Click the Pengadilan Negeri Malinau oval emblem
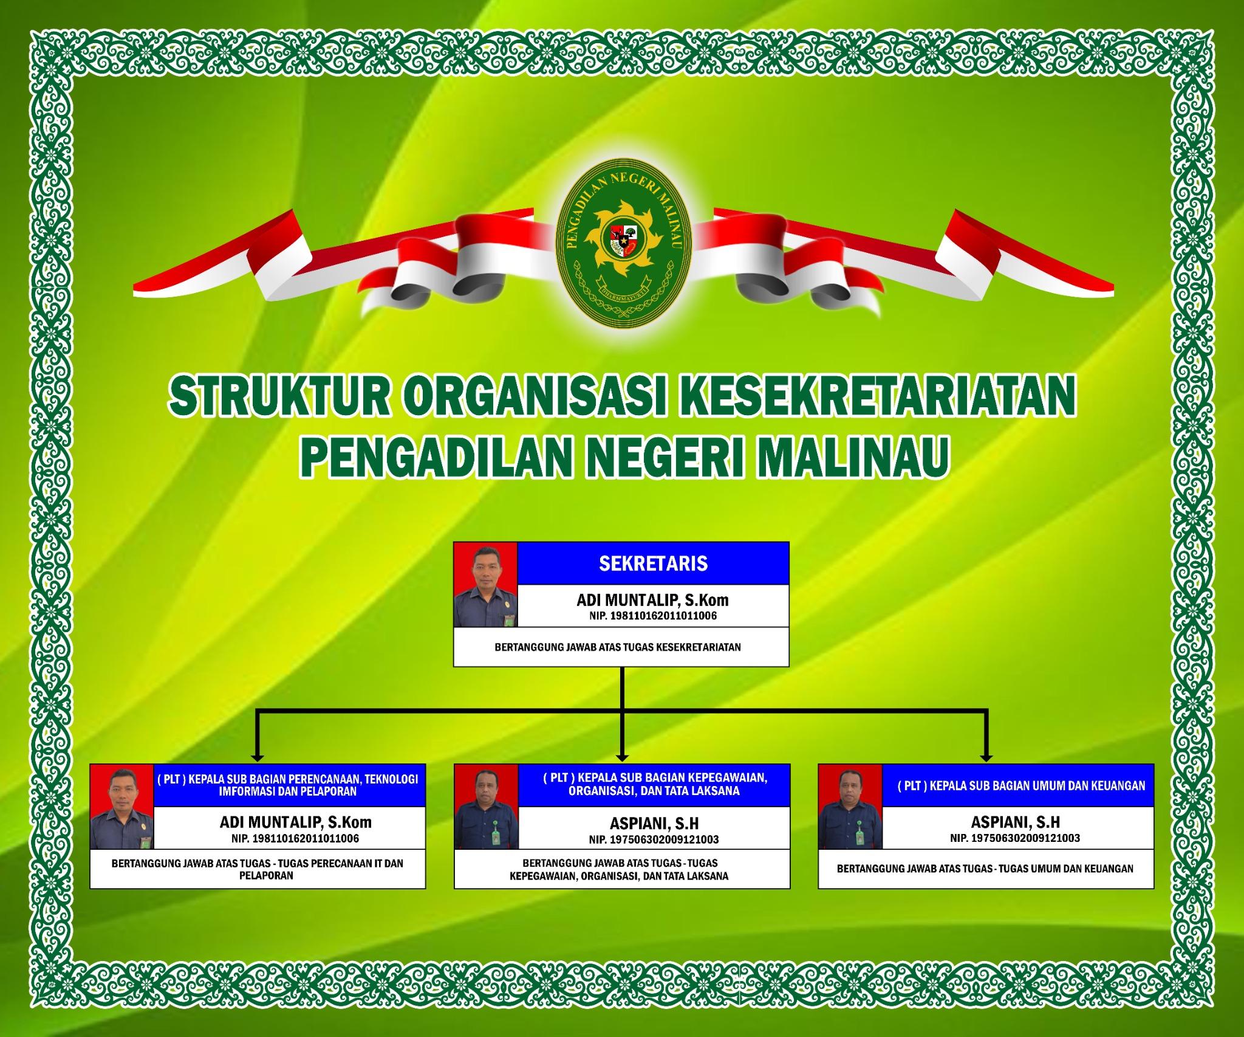624,248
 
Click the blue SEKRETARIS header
653,563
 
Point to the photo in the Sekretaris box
485,585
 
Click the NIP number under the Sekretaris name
652,616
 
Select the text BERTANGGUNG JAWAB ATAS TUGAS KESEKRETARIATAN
618,647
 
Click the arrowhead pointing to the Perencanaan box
258,757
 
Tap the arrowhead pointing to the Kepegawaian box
621,757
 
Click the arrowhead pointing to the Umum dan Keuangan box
986,757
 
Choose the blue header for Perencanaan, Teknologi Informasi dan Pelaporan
289,785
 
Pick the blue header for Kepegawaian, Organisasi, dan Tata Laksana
654,785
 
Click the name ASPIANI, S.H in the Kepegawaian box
654,823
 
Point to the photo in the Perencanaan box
122,807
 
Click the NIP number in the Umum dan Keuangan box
1016,838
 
